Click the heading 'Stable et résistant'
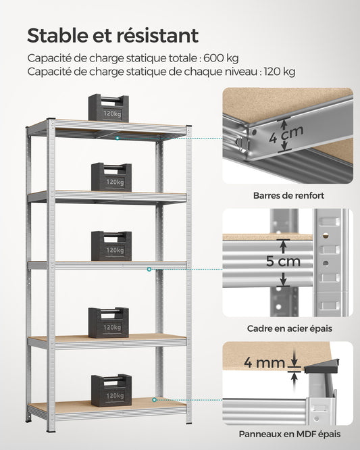113,35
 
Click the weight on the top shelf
108,108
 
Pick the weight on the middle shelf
111,246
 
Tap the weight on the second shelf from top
111,177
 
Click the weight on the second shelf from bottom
108,322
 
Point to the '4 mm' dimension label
264,363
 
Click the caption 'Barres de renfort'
288,196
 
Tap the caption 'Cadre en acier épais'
288,328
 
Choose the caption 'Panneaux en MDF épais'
288,434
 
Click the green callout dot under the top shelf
117,138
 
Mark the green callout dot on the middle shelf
149,269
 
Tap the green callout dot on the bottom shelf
154,400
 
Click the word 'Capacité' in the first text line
49,58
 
